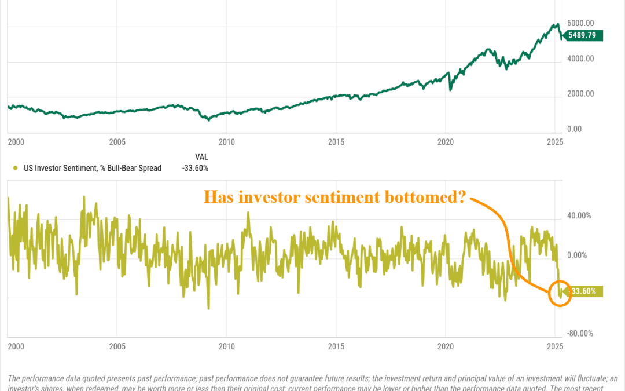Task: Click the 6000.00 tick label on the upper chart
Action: coord(581,23)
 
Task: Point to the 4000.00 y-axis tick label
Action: coord(581,59)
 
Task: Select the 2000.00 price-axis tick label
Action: coord(581,94)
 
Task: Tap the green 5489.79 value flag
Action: coord(585,35)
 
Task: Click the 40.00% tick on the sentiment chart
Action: coord(579,215)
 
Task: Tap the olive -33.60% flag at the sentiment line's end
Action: coord(586,292)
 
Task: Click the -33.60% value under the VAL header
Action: coord(195,169)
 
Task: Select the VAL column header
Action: coord(201,156)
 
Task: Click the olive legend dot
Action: coord(14,169)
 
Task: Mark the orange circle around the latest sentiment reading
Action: coord(560,293)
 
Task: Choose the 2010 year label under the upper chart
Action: coord(227,141)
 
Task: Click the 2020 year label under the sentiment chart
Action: coord(446,346)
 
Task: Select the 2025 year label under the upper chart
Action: coord(555,141)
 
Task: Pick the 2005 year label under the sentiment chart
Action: coord(117,346)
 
